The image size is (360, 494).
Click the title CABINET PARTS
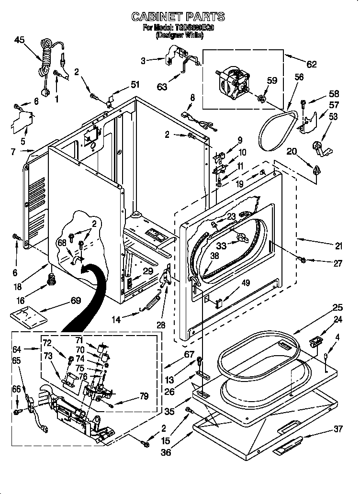[178, 17]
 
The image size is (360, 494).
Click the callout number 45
[20, 40]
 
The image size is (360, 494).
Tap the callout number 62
[311, 65]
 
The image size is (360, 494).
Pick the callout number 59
[272, 80]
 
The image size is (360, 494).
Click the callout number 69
[76, 301]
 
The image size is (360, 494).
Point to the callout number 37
[338, 429]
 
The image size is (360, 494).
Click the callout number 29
[148, 271]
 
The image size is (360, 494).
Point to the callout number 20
[292, 152]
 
